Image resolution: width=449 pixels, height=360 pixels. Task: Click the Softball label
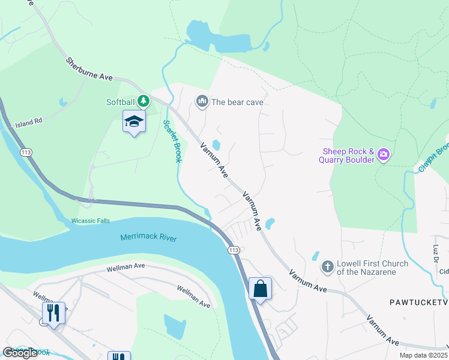pyautogui.click(x=120, y=102)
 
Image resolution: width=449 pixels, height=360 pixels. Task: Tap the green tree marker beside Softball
pyautogui.click(x=143, y=101)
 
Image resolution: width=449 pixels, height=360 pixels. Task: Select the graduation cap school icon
pyautogui.click(x=134, y=122)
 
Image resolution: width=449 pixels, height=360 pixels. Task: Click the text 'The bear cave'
pyautogui.click(x=237, y=102)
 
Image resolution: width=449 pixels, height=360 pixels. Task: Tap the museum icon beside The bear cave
pyautogui.click(x=202, y=101)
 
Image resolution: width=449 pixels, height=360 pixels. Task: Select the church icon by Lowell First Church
pyautogui.click(x=327, y=266)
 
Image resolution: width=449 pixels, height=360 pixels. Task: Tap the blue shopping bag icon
pyautogui.click(x=261, y=288)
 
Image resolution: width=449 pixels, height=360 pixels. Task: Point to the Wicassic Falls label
pyautogui.click(x=91, y=221)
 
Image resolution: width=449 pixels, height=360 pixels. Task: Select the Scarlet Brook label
pyautogui.click(x=172, y=143)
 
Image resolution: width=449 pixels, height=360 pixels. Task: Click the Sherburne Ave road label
pyautogui.click(x=89, y=70)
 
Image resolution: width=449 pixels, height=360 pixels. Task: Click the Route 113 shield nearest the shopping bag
pyautogui.click(x=234, y=250)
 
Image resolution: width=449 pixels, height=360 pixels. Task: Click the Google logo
pyautogui.click(x=20, y=353)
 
